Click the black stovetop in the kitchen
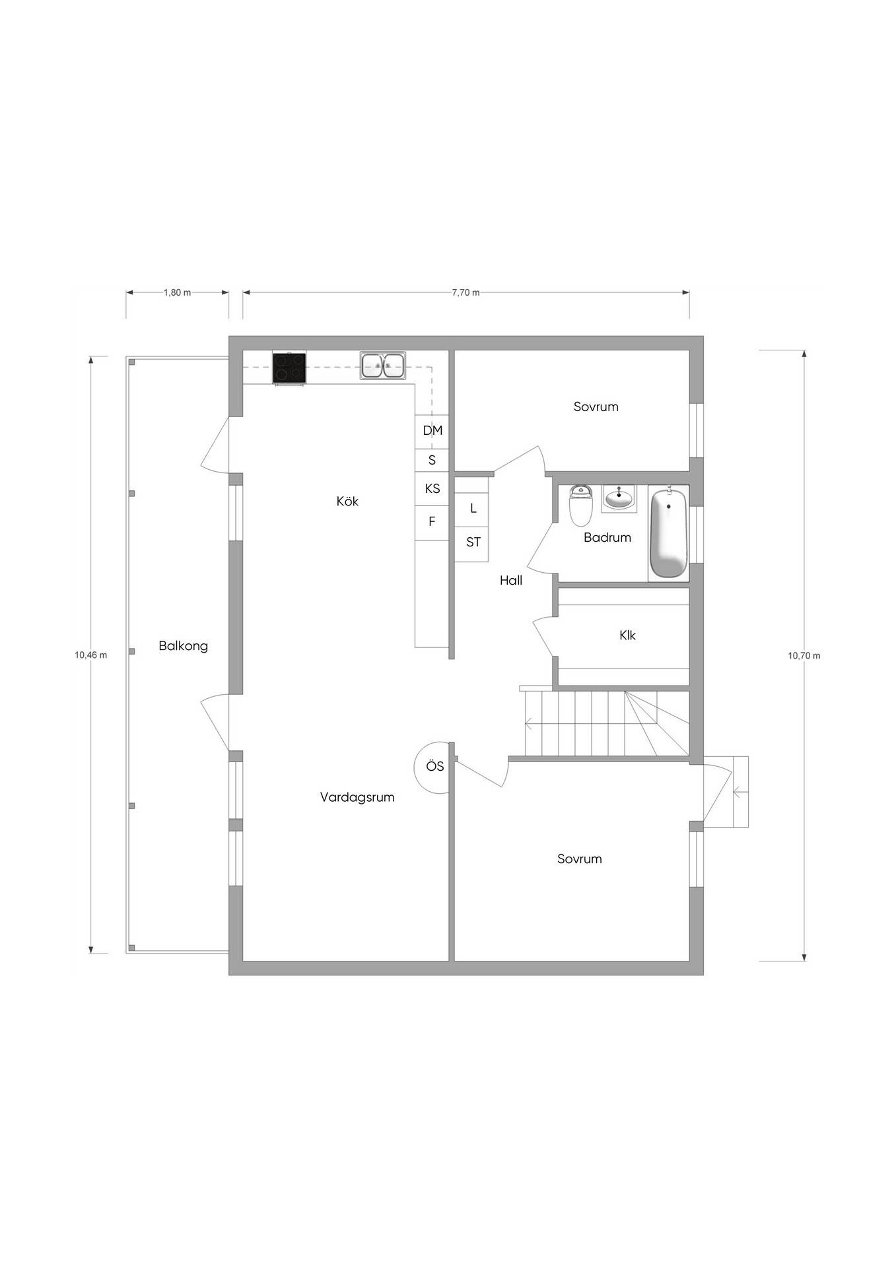coord(289,368)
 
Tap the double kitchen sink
coord(383,366)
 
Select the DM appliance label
coord(432,431)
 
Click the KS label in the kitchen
coord(432,489)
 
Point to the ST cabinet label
coord(473,542)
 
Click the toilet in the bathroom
coord(581,505)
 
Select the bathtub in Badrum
coord(670,531)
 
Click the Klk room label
coord(627,635)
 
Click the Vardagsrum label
coord(357,797)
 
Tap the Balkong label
coord(183,646)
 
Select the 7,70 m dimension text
coord(465,293)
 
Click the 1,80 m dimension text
coord(177,293)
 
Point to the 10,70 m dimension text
coord(804,656)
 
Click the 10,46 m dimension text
coord(90,655)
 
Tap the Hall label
coord(511,581)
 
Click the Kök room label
coord(347,502)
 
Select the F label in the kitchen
coord(432,521)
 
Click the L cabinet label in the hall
coord(473,509)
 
